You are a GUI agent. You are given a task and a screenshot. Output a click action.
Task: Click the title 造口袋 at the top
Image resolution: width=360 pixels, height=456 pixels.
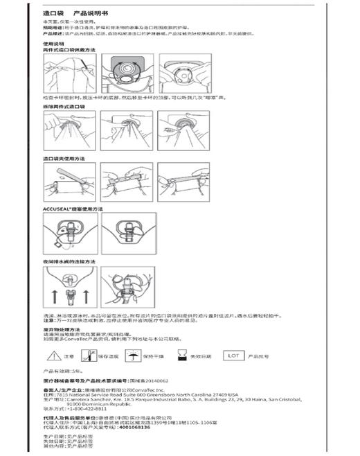(x=53, y=14)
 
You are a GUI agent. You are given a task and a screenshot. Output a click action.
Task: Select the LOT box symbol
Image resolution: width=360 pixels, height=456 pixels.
(x=233, y=355)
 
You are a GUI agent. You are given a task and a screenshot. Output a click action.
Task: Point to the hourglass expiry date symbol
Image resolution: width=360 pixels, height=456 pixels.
(x=181, y=356)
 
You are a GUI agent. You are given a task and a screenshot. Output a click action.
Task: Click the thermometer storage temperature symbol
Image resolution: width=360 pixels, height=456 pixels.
(x=89, y=356)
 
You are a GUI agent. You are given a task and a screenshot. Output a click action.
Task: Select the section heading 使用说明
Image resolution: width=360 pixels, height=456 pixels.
(x=53, y=43)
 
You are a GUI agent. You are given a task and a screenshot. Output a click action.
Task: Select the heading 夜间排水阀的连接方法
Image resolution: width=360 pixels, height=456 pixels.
(x=68, y=261)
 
